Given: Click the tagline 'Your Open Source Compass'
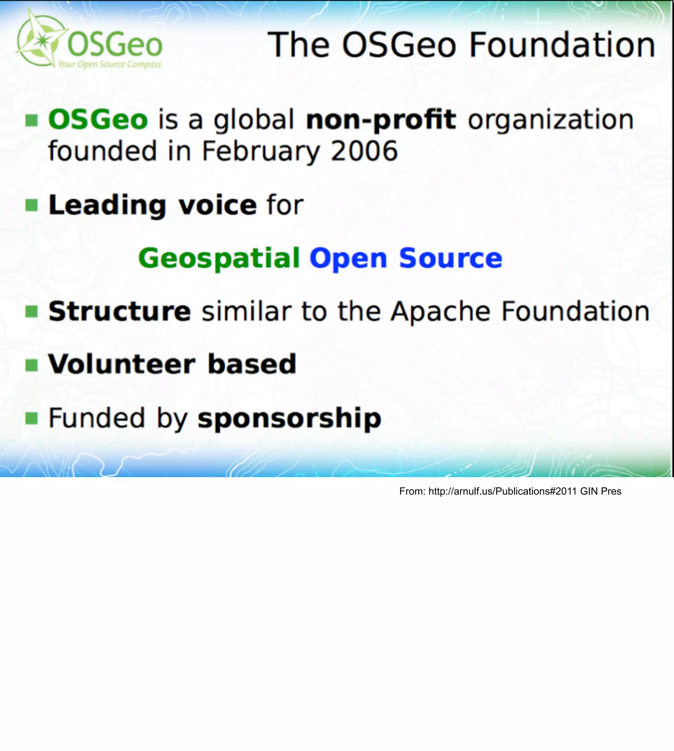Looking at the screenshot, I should [110, 65].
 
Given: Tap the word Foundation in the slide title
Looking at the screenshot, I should [562, 45].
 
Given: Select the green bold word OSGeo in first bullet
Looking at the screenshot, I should [98, 120].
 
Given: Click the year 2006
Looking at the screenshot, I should [364, 151].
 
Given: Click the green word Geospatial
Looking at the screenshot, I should [219, 258].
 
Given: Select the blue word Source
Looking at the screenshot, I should [450, 258].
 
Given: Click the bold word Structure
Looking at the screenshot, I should [119, 311].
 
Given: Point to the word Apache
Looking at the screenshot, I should [441, 311].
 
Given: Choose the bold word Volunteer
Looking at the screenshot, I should [122, 364].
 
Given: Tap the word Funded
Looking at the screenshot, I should [97, 418].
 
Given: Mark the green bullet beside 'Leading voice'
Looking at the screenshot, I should [32, 205].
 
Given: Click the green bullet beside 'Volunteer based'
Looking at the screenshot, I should [32, 365].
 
